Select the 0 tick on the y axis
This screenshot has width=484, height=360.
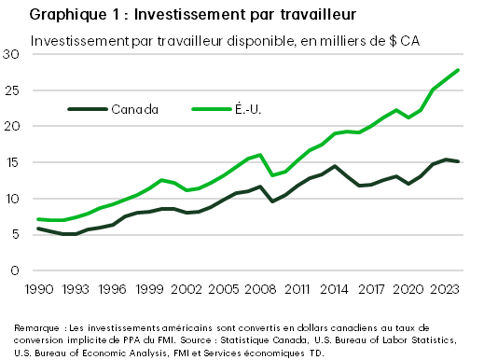pos(15,270)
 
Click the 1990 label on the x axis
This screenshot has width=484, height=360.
pos(38,288)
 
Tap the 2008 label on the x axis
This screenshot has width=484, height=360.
pos(260,288)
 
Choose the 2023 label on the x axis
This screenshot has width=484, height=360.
pos(445,288)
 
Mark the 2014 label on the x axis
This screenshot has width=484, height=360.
pos(334,288)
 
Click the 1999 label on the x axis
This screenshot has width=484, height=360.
pos(149,288)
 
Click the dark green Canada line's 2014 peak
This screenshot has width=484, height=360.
pos(334,166)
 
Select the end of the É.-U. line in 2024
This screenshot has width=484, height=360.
pos(457,70)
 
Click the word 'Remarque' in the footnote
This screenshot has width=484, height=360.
pos(35,328)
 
